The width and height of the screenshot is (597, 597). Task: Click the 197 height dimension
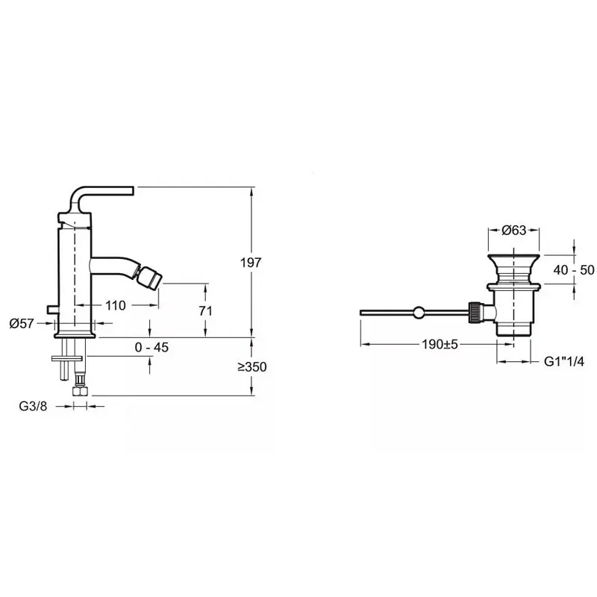click(251, 263)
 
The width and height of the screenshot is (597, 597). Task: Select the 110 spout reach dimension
click(116, 305)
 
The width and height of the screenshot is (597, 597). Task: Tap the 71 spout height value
click(206, 310)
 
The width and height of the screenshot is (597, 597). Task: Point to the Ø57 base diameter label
click(22, 324)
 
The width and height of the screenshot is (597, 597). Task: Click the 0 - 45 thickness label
click(151, 347)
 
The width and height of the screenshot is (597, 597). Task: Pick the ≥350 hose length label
click(252, 366)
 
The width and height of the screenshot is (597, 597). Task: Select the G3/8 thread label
click(33, 406)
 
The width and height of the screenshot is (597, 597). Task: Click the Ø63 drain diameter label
click(513, 230)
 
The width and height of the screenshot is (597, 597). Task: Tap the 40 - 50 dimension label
click(574, 270)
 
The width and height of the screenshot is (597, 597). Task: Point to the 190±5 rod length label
click(440, 344)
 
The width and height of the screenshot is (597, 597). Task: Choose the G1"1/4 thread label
click(564, 361)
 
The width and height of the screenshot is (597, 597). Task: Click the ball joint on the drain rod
click(418, 313)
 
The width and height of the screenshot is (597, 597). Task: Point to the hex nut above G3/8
click(80, 391)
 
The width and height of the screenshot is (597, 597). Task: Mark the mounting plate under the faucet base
click(67, 358)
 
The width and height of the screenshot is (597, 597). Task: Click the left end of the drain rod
click(360, 313)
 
